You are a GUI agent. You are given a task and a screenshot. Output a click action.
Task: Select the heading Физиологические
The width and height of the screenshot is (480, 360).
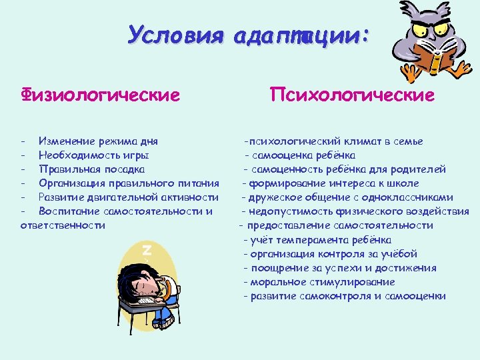100,95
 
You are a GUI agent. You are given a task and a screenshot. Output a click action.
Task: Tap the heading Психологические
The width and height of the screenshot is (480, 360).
352,95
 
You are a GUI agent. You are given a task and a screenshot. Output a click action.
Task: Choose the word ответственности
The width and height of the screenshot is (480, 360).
63,225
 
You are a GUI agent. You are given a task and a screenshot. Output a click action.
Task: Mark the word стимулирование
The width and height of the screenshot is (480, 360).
347,282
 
